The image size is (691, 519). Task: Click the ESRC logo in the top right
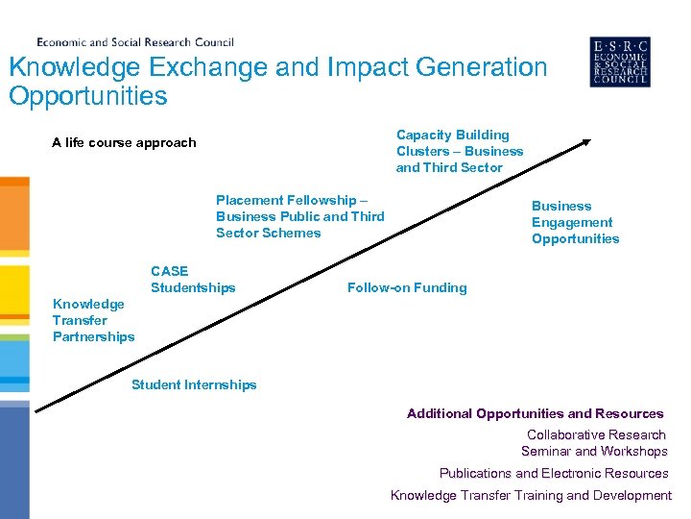619,62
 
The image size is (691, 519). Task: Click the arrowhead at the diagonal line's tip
586,143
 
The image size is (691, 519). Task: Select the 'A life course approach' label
124,142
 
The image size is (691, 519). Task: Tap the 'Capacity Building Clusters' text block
460,151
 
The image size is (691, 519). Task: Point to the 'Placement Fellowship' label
299,216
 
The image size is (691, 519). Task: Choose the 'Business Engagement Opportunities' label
575,222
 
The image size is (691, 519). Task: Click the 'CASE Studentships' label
192,280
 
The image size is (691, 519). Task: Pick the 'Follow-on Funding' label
407,287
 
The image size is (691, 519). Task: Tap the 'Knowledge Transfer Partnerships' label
93,320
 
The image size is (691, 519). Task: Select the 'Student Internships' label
194,384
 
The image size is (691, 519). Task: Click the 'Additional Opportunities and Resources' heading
535,413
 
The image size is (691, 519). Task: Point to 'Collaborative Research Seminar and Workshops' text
595,443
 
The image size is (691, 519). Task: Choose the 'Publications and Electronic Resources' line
554,473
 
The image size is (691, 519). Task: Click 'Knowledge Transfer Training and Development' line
531,495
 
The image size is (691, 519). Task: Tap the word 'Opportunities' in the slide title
87,96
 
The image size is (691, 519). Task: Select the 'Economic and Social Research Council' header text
134,42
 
